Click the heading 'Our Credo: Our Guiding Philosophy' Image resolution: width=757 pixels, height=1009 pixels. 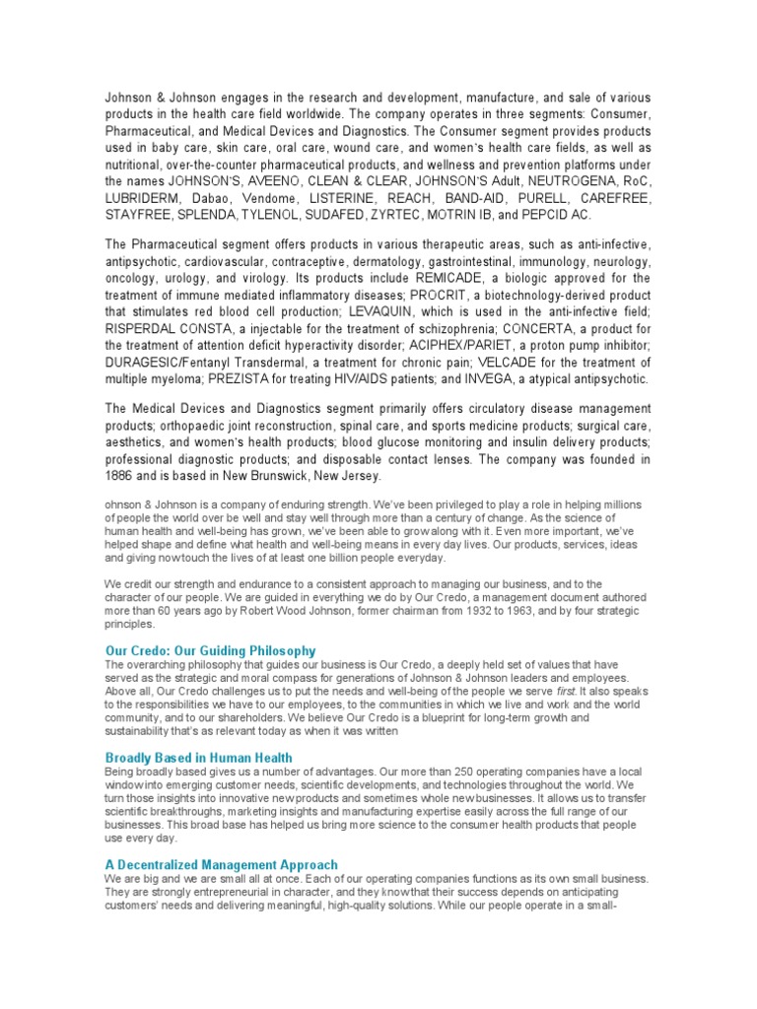tap(210, 650)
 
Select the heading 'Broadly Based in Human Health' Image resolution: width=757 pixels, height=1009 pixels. tap(198, 757)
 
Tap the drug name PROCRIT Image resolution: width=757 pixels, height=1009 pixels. tap(447, 295)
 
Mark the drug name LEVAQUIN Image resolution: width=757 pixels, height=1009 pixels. tap(385, 311)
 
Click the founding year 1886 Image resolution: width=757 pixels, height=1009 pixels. tap(124, 476)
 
